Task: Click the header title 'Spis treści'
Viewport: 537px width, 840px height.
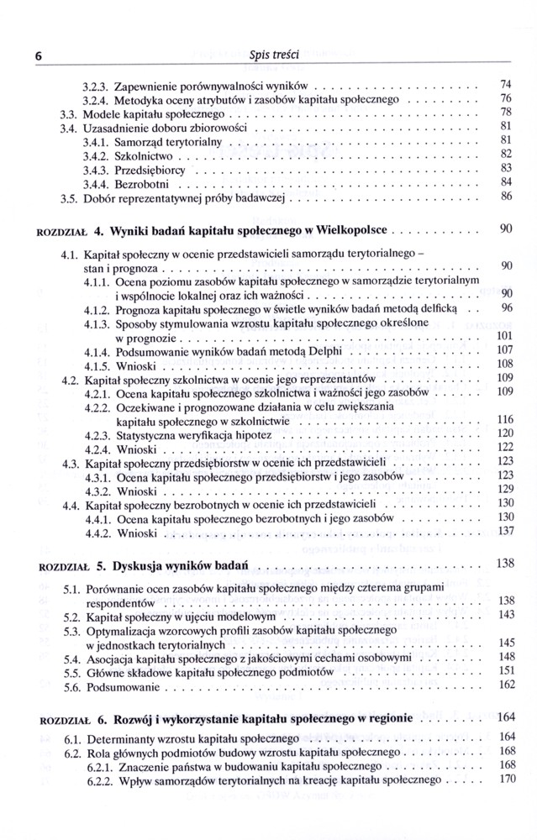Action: [x=268, y=55]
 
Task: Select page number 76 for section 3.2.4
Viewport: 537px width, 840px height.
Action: [x=506, y=98]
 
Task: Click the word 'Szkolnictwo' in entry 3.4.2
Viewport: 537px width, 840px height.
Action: [x=144, y=156]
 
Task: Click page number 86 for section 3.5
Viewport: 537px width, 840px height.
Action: [x=506, y=197]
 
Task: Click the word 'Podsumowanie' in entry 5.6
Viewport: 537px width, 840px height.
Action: [x=120, y=686]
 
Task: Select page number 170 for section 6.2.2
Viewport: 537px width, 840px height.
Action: [x=505, y=780]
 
